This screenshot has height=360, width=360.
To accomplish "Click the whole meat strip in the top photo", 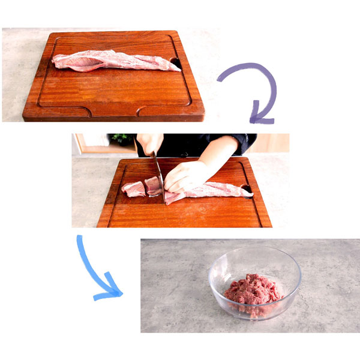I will point(114,61).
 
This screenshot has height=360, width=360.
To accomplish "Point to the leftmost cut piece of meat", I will point(133,190).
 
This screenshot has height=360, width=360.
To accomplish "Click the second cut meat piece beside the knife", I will point(153,187).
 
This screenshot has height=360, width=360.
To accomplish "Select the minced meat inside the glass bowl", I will point(253,290).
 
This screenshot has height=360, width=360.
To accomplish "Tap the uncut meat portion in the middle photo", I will point(210,191).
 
